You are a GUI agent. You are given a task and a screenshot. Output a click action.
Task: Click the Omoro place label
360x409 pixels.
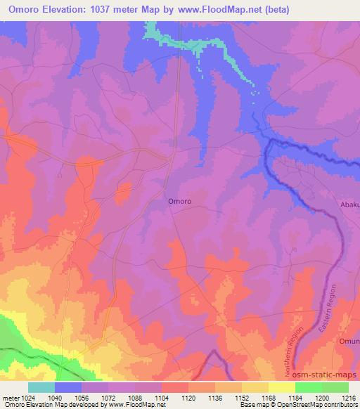(180, 200)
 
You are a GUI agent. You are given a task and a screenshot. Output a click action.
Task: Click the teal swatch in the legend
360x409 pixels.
(41, 387)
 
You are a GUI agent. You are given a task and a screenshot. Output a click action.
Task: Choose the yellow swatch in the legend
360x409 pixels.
(281, 387)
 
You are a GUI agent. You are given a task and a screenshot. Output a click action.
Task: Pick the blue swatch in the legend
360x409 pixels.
(68, 387)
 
